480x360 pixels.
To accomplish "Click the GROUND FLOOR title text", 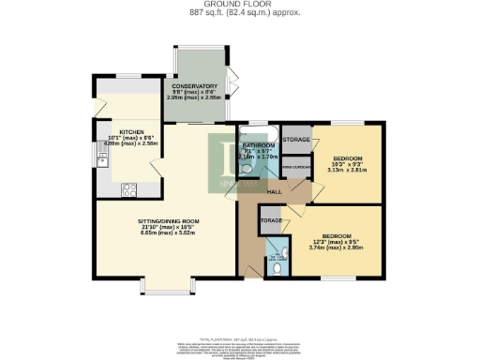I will pos(239,5).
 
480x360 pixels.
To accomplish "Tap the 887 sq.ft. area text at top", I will pos(239,13).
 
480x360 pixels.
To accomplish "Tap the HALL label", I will pos(275,191).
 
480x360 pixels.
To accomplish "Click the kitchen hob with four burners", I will pos(131,187).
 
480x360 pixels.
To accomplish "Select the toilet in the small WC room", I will pos(282,267).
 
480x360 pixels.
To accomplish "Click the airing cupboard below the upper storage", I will pos(296,168).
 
